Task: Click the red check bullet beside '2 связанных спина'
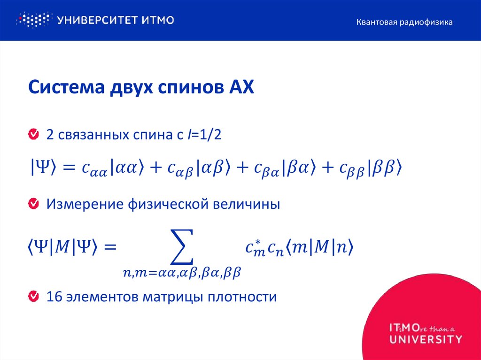(x=33, y=135)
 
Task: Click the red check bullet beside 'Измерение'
(x=33, y=204)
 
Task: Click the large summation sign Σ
(x=180, y=246)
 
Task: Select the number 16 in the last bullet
(x=54, y=297)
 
